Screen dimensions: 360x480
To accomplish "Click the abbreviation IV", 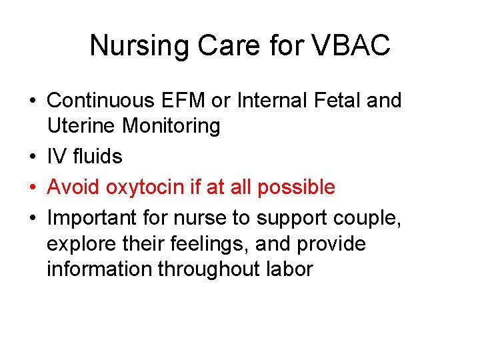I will [x=56, y=157].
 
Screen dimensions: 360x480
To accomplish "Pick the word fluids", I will [x=97, y=157].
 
